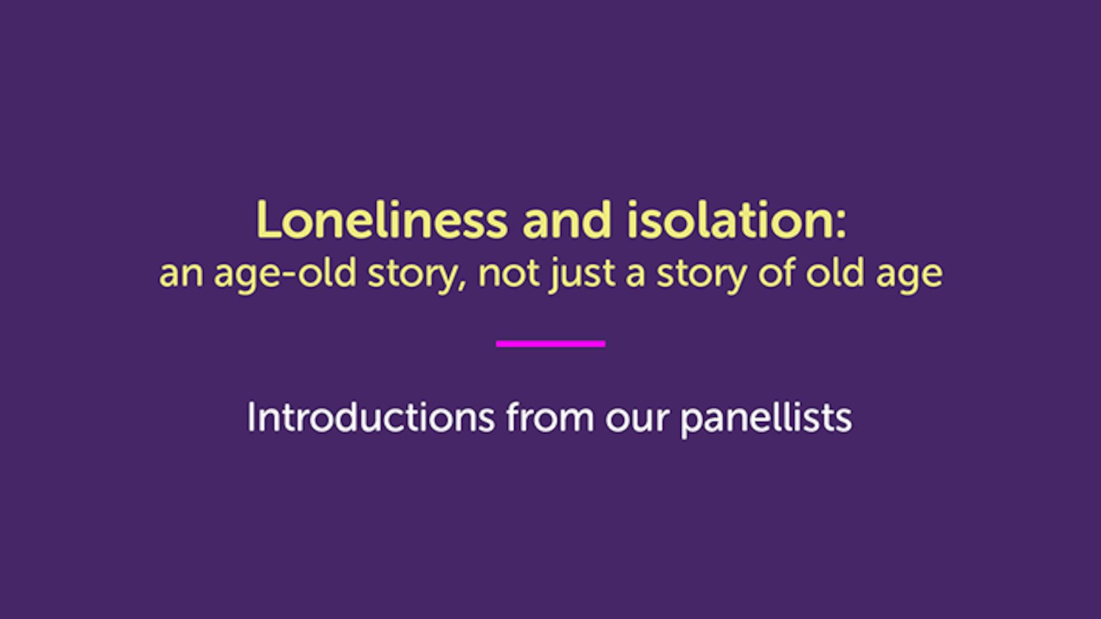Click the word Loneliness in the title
pyautogui.click(x=381, y=220)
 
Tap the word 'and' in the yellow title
pyautogui.click(x=567, y=220)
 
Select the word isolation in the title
pyautogui.click(x=729, y=220)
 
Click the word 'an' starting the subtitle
pyautogui.click(x=181, y=274)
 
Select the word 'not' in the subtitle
pyautogui.click(x=508, y=273)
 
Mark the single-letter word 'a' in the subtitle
pyautogui.click(x=635, y=275)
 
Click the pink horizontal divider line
pyautogui.click(x=550, y=343)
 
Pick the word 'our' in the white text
pyautogui.click(x=637, y=420)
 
